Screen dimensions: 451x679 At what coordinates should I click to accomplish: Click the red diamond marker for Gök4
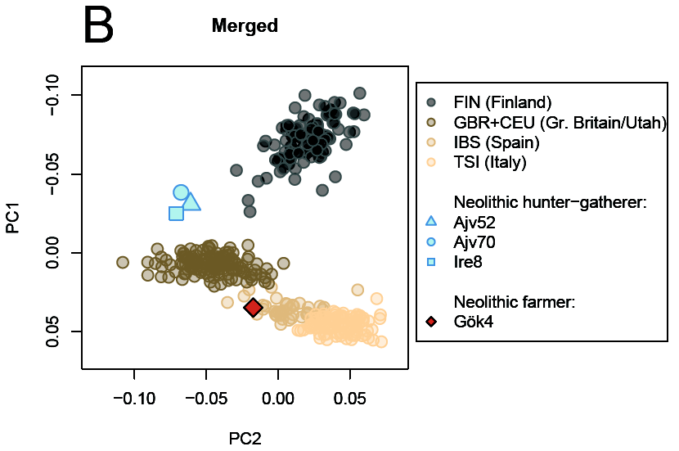254,308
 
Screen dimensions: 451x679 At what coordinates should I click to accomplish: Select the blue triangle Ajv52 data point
191,201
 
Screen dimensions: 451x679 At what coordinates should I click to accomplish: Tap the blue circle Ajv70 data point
182,192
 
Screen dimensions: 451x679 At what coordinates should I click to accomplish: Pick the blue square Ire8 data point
176,214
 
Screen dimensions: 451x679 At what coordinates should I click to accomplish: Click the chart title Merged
245,26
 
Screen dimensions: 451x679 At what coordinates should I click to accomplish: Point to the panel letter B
98,26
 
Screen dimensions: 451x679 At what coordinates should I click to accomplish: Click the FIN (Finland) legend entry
502,103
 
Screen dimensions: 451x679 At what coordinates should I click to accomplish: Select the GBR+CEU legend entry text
560,123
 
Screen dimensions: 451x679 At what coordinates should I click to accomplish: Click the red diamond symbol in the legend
432,322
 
